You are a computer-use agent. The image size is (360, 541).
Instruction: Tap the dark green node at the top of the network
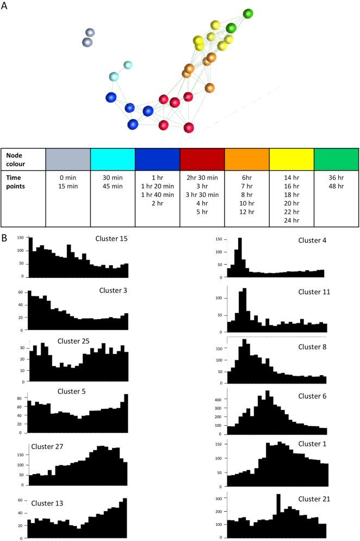[x=248, y=14]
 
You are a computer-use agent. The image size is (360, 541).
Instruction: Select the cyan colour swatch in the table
[x=112, y=159]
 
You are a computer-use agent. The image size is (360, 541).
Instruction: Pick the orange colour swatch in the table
[x=247, y=159]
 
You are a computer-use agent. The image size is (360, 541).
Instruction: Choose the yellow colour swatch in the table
[x=291, y=159]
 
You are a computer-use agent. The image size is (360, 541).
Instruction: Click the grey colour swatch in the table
[x=67, y=159]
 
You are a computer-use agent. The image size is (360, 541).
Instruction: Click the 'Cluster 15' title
[x=111, y=239]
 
